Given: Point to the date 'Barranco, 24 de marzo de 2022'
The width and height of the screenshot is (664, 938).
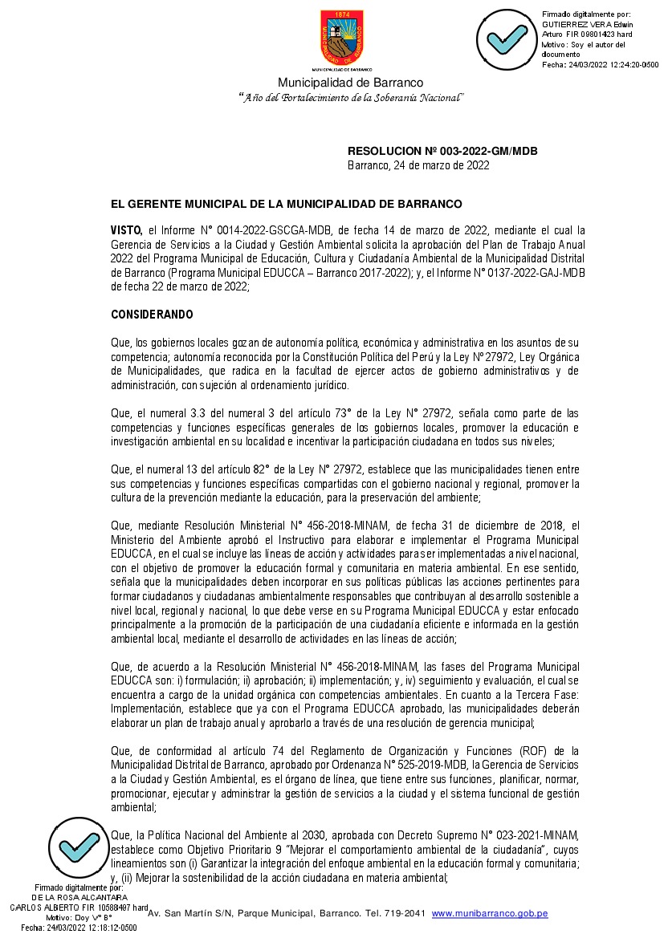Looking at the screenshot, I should point(418,165).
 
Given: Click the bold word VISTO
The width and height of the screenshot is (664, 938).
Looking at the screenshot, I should point(126,230).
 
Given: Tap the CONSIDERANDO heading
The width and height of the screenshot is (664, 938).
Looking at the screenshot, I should point(152,314).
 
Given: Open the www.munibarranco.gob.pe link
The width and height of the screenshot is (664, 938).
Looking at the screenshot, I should point(490,913).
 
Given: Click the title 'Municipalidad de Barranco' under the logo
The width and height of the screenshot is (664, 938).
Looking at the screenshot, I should point(351,83).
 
